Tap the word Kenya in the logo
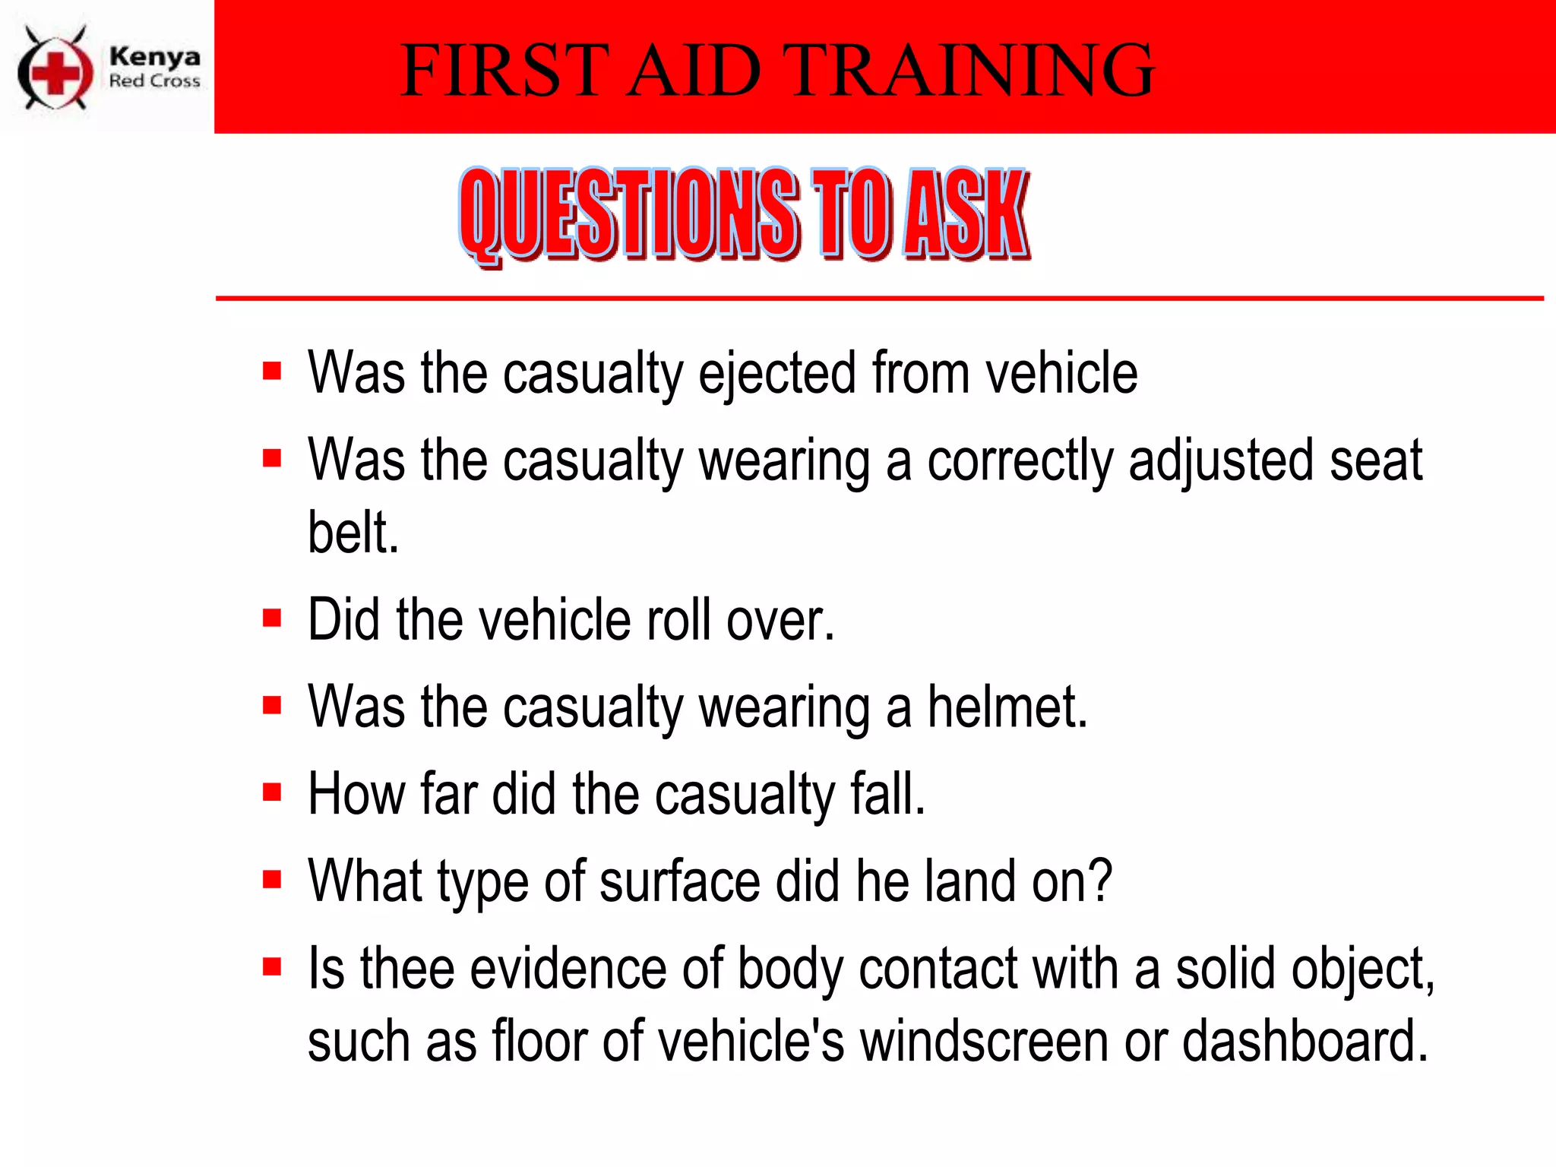pos(155,56)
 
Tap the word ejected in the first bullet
pos(777,374)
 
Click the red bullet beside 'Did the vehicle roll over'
pos(272,618)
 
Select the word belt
pos(353,533)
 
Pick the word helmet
pos(1007,707)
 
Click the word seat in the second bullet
pos(1375,460)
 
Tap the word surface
pos(680,881)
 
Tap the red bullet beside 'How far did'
pos(272,792)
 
